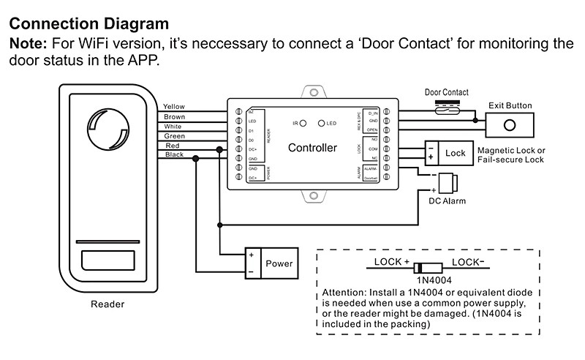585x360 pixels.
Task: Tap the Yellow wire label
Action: [x=175, y=107]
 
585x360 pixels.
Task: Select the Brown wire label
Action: [x=174, y=116]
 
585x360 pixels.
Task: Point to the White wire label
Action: [x=173, y=127]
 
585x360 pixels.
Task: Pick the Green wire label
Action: [x=174, y=136]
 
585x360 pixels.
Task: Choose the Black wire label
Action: [x=174, y=155]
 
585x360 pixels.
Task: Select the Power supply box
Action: [x=271, y=263]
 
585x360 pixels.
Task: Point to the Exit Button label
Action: [x=510, y=105]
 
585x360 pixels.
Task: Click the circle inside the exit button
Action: [x=511, y=123]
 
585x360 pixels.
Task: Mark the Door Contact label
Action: [x=446, y=93]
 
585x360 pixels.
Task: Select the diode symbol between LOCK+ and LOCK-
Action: [x=426, y=268]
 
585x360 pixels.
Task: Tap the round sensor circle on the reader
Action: [x=108, y=130]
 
